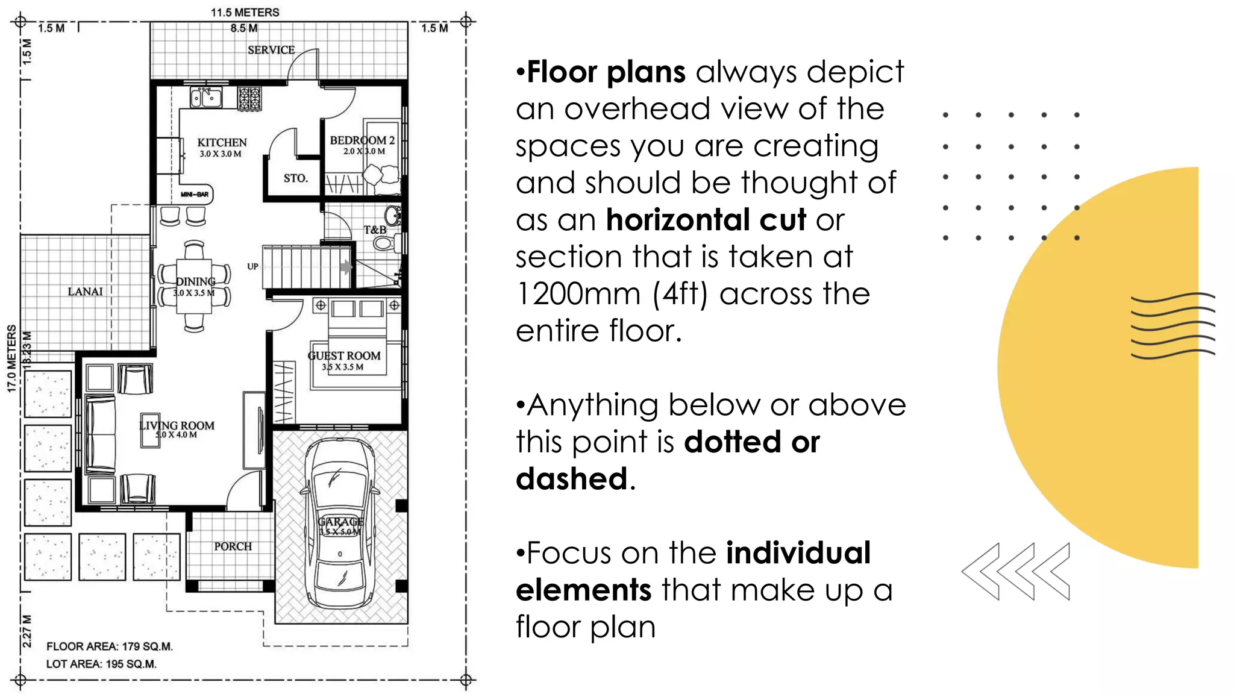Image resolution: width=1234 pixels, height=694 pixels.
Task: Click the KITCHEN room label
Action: point(222,143)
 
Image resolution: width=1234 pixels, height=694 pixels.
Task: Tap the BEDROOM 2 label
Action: point(362,140)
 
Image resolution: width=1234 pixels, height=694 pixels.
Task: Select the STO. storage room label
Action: point(295,178)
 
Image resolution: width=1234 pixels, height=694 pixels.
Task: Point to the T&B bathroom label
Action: point(375,230)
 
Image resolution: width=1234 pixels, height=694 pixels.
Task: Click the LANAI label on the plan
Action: point(85,292)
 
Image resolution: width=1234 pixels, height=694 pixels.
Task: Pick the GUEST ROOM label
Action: point(344,356)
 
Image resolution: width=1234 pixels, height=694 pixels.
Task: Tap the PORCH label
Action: point(233,546)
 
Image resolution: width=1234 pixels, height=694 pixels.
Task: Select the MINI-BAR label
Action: point(195,195)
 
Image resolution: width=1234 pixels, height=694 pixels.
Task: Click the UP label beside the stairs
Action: point(252,266)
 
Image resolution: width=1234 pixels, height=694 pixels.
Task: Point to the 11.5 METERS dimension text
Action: point(245,12)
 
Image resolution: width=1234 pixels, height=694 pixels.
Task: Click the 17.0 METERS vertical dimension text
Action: point(11,358)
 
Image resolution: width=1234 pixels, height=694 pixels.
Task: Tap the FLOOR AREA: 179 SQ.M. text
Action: point(110,646)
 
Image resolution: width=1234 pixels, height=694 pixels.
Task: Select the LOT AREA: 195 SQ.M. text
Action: point(101,664)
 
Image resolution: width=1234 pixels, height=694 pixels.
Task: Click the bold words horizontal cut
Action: point(706,220)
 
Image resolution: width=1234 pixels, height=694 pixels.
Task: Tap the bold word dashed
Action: point(572,479)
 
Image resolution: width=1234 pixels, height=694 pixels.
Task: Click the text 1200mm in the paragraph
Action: point(578,294)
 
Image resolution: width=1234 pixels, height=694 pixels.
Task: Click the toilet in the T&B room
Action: point(383,243)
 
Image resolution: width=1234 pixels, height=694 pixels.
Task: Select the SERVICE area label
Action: point(271,50)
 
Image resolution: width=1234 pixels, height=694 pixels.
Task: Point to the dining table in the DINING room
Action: point(194,286)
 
